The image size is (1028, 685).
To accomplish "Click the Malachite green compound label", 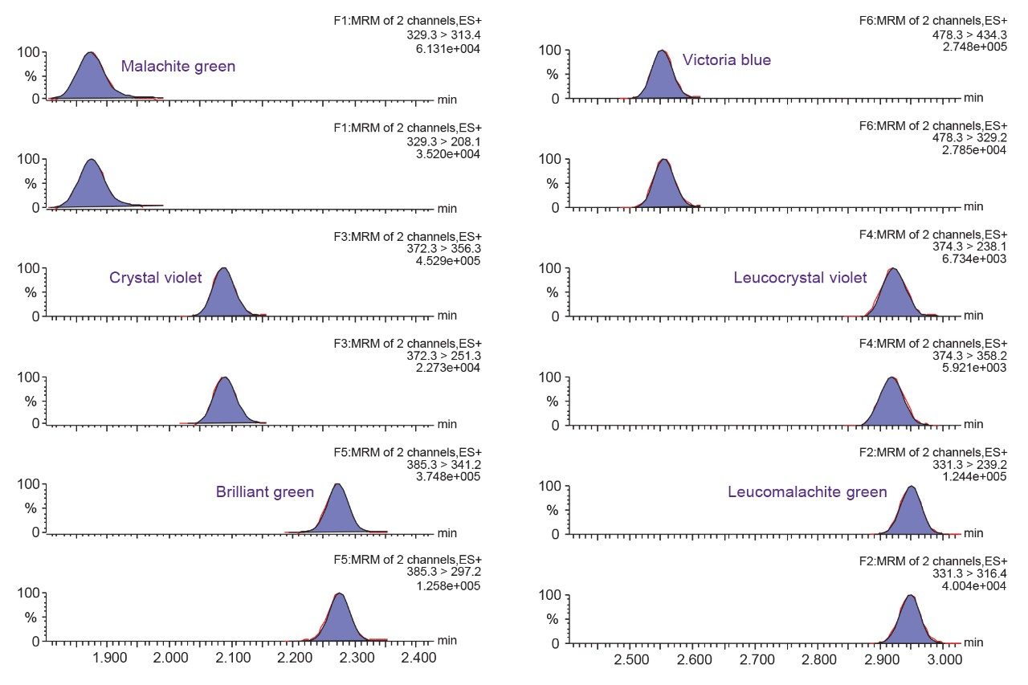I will coord(178,67).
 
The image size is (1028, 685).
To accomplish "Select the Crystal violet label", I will coord(155,279).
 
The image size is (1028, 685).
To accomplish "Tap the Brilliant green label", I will coord(264,492).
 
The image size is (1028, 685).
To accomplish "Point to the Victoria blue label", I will coord(726,60).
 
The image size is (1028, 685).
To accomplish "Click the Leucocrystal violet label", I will coord(800,278).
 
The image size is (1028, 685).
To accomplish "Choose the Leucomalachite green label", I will coord(807,492).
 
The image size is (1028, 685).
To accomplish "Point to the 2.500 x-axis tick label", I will coord(631,660).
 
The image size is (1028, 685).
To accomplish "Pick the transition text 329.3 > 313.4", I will coord(444,35).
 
